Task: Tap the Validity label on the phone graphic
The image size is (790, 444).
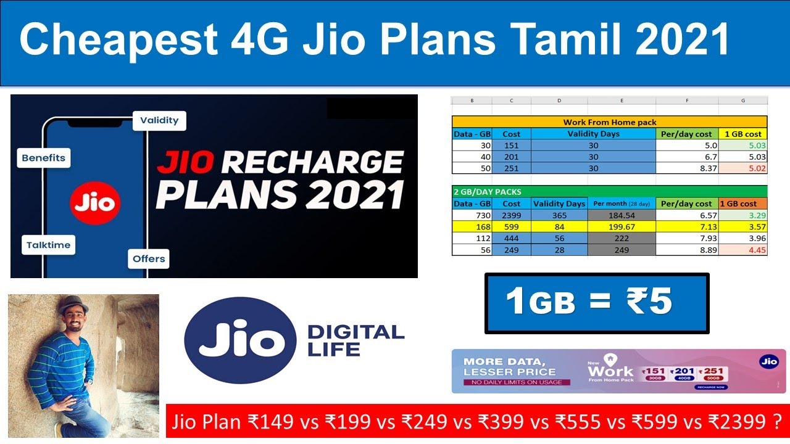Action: point(159,120)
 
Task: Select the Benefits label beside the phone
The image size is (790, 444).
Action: point(43,158)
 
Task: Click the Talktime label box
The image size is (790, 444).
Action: point(48,245)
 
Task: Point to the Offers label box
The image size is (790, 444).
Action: point(149,258)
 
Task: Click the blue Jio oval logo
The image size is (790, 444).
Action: point(239,340)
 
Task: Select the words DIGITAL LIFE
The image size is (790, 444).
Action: point(355,341)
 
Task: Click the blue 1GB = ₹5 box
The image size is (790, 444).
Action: point(596,303)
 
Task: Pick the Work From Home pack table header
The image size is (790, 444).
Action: point(609,122)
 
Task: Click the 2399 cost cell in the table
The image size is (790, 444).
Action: point(512,215)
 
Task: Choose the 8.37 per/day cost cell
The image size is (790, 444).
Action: point(687,168)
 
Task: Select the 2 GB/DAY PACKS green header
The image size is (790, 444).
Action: point(609,192)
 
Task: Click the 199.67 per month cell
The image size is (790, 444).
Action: point(621,227)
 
